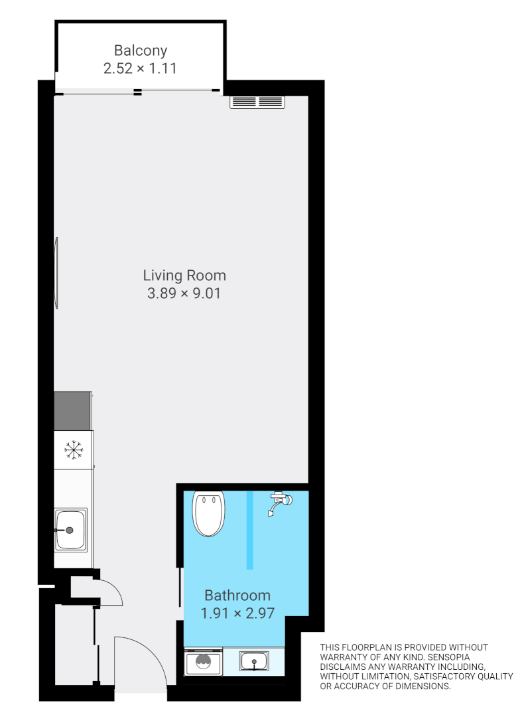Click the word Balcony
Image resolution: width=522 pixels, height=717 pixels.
[140, 50]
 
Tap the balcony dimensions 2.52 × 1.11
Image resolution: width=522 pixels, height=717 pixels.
[140, 68]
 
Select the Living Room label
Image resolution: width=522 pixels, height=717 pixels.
[184, 275]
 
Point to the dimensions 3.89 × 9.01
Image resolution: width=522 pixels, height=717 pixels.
[184, 293]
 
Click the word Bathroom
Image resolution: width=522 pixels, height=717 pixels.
[237, 596]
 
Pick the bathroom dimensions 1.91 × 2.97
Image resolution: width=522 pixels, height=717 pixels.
[237, 613]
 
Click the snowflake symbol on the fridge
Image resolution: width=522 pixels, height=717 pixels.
[74, 451]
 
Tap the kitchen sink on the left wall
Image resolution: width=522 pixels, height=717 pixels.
[70, 529]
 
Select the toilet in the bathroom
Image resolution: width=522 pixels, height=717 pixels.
[209, 513]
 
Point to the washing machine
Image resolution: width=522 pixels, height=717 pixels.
[204, 662]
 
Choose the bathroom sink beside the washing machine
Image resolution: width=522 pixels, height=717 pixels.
[254, 661]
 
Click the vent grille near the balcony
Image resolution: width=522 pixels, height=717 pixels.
[257, 102]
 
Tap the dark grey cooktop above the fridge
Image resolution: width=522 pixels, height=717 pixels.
[72, 411]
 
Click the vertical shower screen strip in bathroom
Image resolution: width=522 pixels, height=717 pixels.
[250, 530]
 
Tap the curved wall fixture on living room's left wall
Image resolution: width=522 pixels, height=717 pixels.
[58, 272]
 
